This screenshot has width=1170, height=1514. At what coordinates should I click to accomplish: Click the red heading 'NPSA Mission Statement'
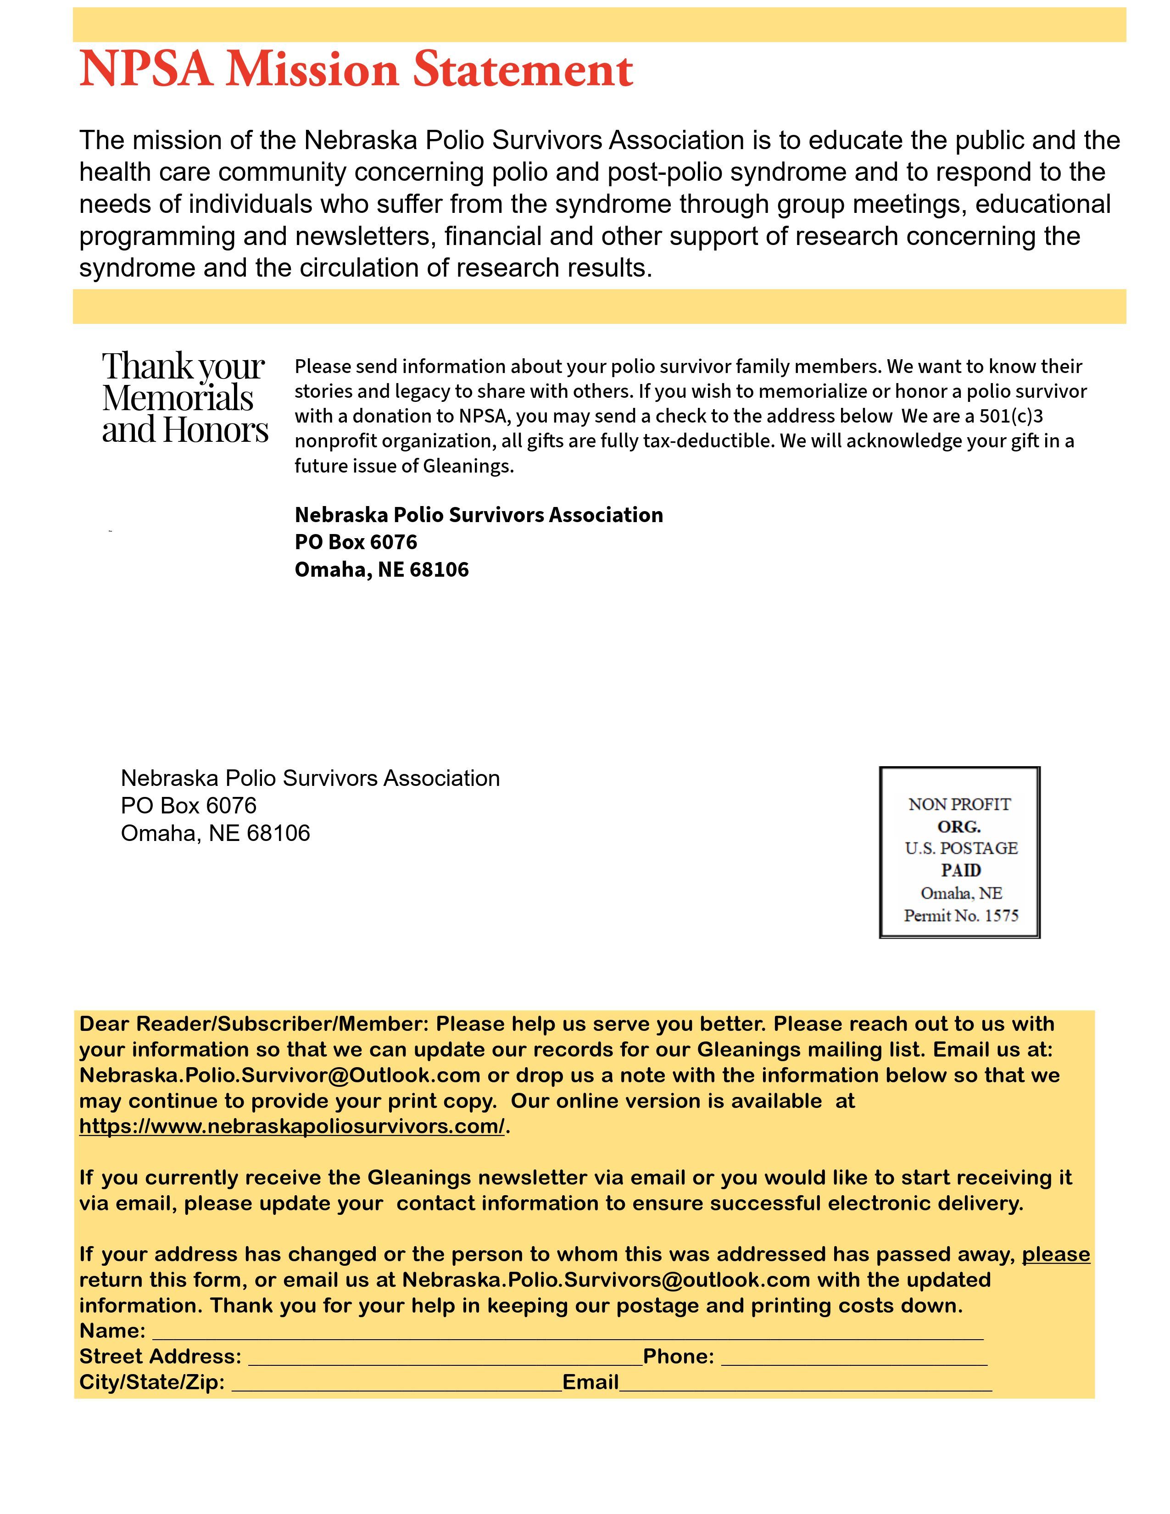(x=356, y=69)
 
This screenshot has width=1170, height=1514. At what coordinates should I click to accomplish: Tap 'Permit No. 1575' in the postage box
(x=961, y=915)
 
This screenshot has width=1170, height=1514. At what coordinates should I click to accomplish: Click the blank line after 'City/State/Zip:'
(x=396, y=1383)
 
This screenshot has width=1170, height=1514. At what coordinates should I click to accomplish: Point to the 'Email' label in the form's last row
(x=590, y=1382)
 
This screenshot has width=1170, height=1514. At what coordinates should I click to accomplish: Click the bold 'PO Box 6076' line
(x=356, y=542)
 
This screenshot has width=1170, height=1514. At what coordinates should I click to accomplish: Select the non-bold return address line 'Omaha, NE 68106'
(x=215, y=833)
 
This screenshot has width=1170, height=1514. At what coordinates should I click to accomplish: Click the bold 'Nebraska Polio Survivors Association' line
(x=478, y=515)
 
